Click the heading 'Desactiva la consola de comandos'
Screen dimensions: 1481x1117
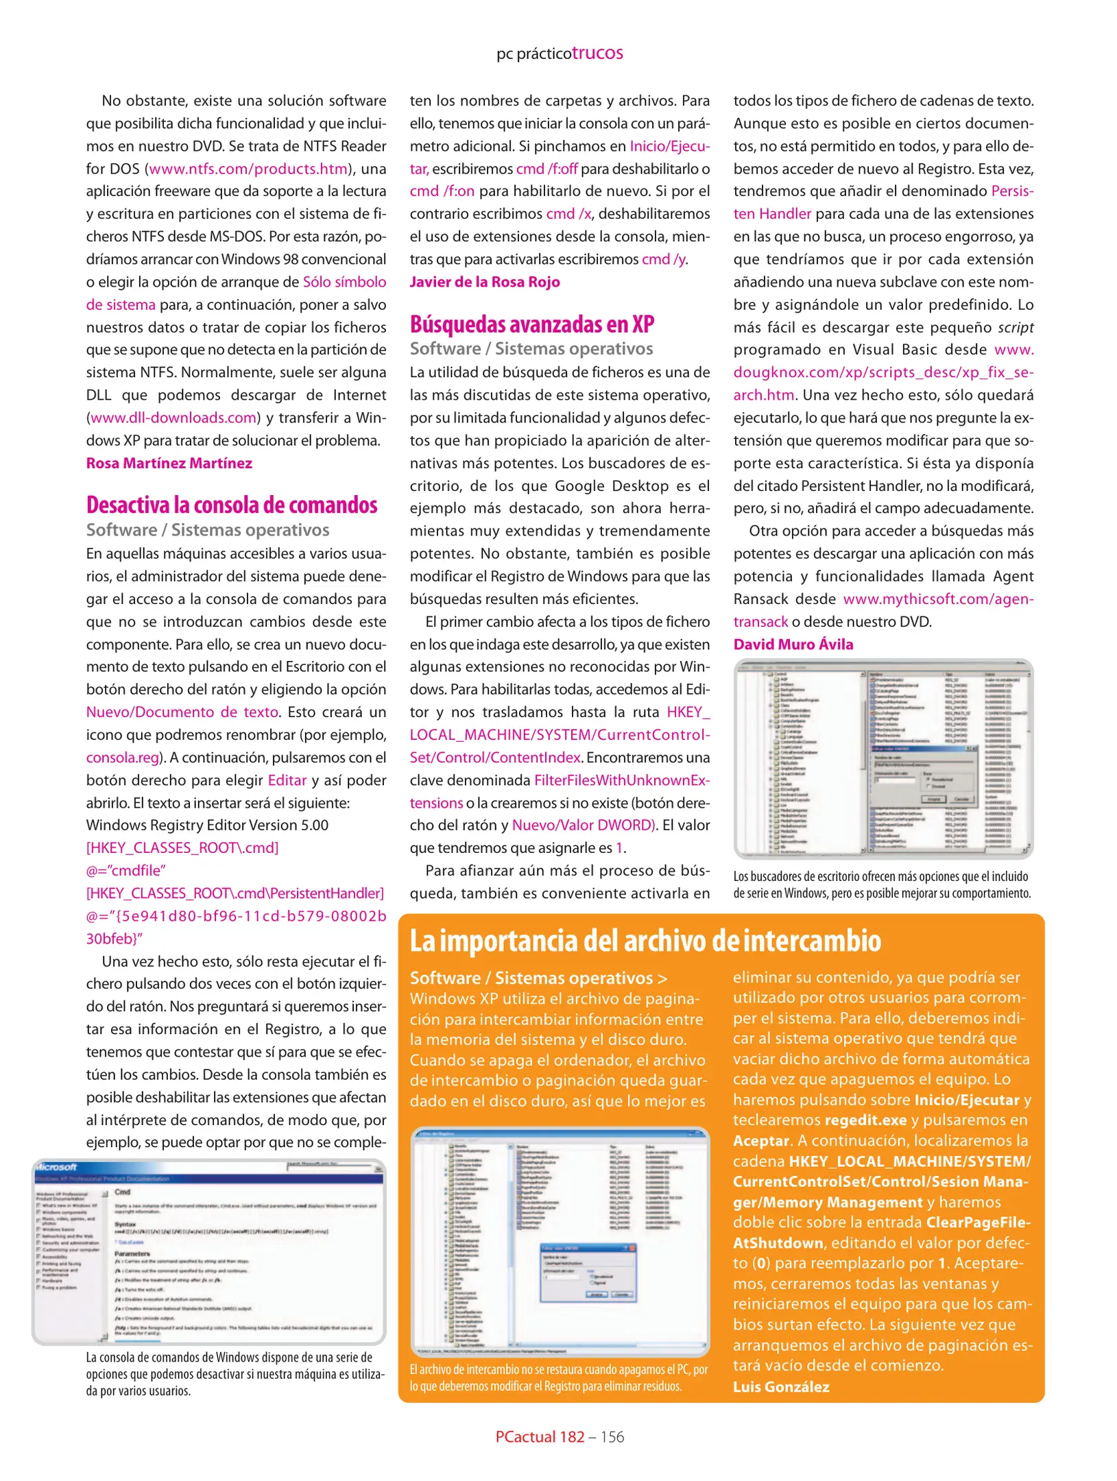click(232, 505)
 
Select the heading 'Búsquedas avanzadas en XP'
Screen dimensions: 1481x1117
click(532, 324)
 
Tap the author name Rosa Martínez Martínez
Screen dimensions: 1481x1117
click(169, 463)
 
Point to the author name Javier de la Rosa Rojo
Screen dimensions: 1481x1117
click(485, 282)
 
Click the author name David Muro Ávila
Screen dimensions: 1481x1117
click(793, 644)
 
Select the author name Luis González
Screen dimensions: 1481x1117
click(781, 1386)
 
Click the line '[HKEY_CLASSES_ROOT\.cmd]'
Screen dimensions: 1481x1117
click(182, 847)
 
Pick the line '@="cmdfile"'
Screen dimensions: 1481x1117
click(126, 870)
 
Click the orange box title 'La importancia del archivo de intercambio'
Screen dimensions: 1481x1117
click(645, 941)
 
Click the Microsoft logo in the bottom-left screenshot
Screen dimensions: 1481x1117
click(56, 1167)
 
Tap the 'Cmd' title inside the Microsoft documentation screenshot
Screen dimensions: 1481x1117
click(123, 1192)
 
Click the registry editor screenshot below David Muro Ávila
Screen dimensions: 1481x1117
click(883, 758)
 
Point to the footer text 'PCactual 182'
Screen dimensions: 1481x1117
click(540, 1436)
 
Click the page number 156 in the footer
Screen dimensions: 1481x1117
click(612, 1436)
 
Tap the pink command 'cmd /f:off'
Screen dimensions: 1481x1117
click(547, 169)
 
